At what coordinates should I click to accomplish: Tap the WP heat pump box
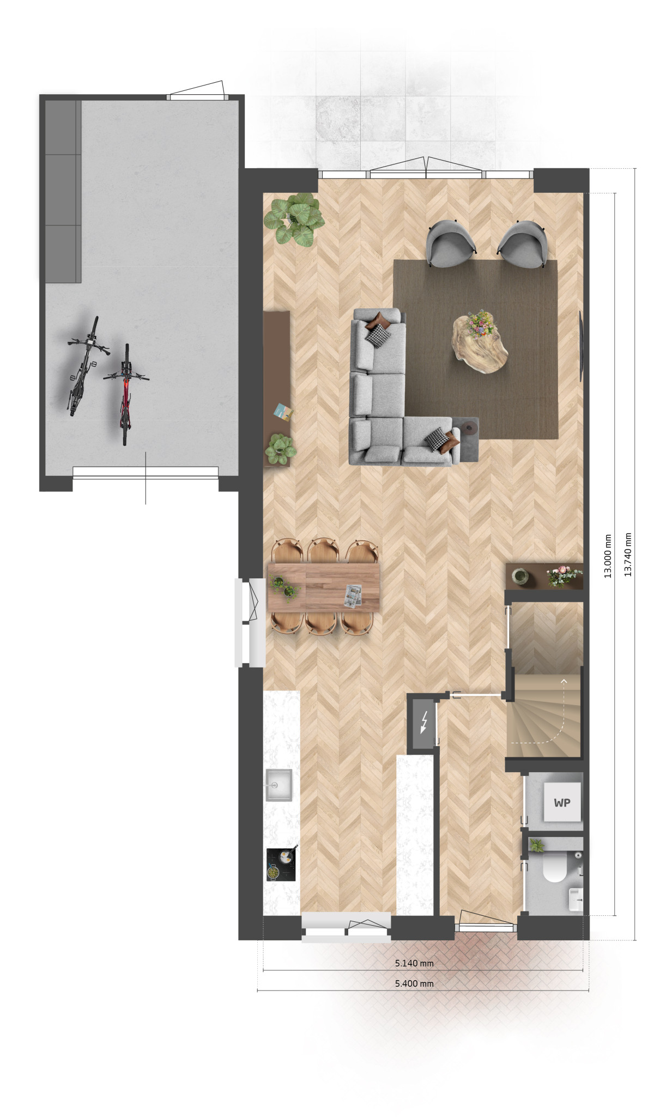pos(562,803)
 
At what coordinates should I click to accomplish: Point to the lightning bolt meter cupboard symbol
pos(423,723)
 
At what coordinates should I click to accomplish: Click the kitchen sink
pos(278,785)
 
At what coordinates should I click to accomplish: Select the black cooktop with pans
pos(281,865)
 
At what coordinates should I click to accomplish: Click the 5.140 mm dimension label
pos(414,963)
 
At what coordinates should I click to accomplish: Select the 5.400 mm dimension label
pos(414,983)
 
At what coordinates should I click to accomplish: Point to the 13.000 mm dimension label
pos(609,555)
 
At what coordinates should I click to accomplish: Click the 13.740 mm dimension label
pos(628,554)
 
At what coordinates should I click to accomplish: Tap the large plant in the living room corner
pos(294,219)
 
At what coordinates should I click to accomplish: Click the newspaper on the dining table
pos(353,595)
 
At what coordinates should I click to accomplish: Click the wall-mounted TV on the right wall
pos(581,346)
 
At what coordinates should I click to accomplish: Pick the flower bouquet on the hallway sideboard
pos(564,576)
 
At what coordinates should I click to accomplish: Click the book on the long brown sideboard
pos(283,411)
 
